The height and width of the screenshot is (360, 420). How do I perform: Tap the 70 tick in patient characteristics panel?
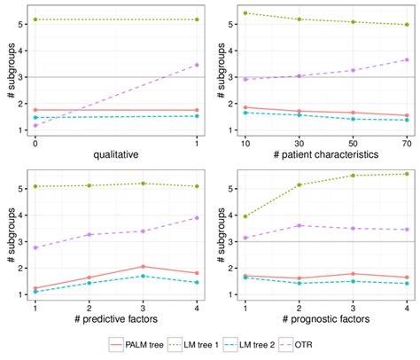pyautogui.click(x=407, y=142)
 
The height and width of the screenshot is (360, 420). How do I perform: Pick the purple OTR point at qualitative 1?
pyautogui.click(x=197, y=65)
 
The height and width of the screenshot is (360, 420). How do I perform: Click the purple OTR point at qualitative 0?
pyautogui.click(x=35, y=126)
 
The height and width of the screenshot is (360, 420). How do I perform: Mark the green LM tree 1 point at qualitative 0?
pyautogui.click(x=35, y=20)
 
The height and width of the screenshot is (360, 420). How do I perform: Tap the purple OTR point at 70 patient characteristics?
pyautogui.click(x=407, y=60)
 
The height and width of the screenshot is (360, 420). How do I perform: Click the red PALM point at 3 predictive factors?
pyautogui.click(x=144, y=267)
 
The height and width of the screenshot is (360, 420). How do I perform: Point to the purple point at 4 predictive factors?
pyautogui.click(x=197, y=217)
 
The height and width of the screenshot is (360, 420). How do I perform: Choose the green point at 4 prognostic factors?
pyautogui.click(x=407, y=174)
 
